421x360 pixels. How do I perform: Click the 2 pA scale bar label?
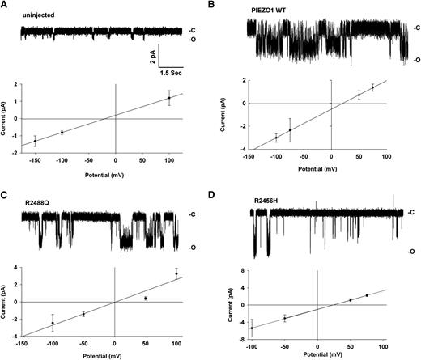pyautogui.click(x=150, y=57)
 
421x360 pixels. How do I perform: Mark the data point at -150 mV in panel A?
pyautogui.click(x=35, y=141)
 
